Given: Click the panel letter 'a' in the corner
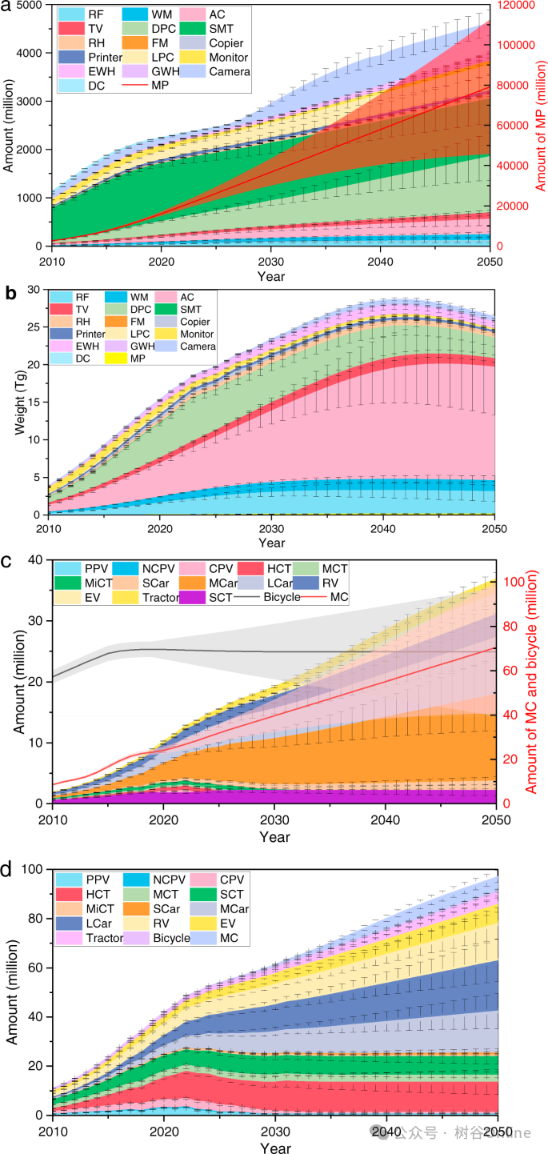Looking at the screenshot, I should [6, 9].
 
